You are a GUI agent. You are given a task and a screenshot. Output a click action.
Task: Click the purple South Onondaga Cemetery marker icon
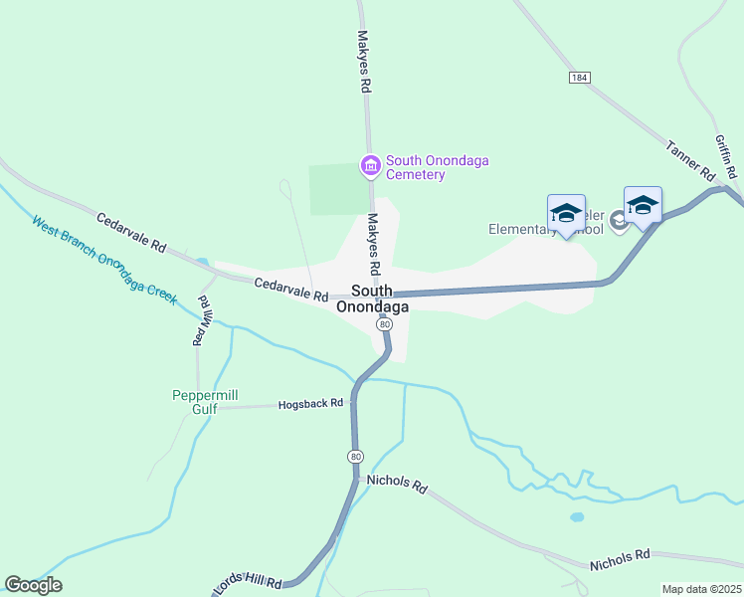(x=370, y=165)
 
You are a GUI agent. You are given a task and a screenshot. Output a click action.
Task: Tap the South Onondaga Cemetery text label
(x=438, y=167)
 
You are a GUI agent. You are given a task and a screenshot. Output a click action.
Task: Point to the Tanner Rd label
(x=691, y=160)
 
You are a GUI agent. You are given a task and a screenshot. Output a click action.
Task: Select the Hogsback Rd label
(x=310, y=404)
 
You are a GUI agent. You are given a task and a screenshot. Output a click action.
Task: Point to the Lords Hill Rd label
(x=249, y=585)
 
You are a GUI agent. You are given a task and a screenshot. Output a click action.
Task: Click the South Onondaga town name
(x=372, y=299)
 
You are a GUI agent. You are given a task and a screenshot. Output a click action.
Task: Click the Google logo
(x=33, y=584)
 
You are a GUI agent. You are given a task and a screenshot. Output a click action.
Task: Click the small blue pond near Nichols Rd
(x=577, y=517)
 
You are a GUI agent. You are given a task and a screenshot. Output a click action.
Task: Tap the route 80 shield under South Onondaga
(x=383, y=325)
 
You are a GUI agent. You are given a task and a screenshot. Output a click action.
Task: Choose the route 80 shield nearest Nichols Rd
(x=355, y=456)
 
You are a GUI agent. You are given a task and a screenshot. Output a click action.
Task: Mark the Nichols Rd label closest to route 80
(x=396, y=486)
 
